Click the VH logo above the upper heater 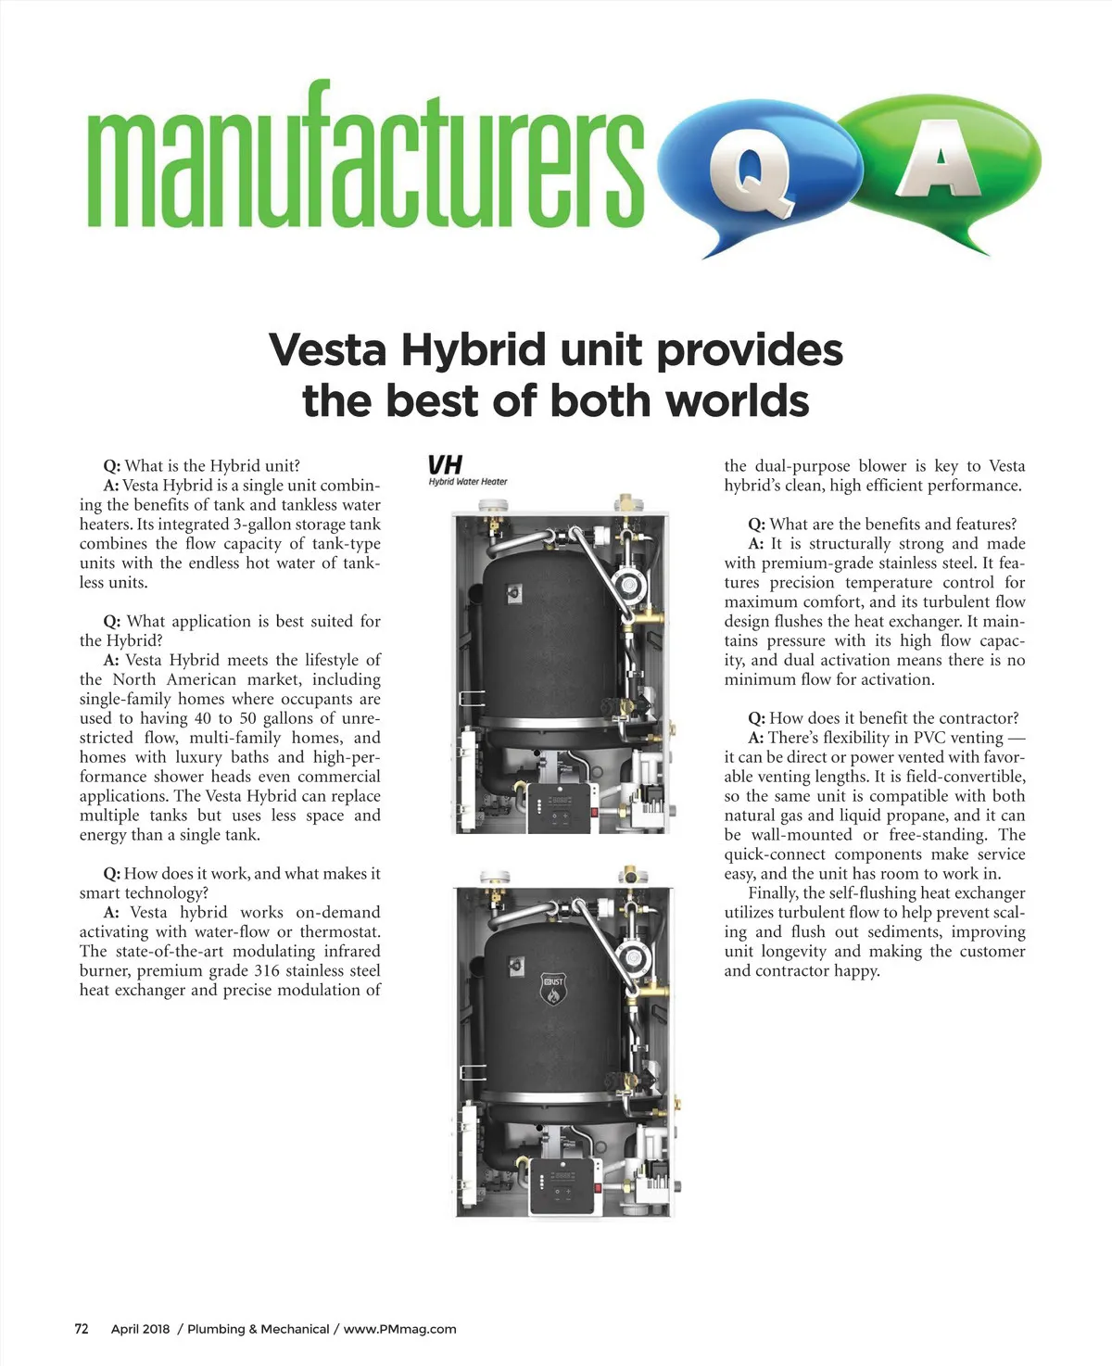click(x=445, y=464)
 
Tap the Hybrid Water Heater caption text click(x=468, y=482)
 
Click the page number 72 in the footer click(x=82, y=1328)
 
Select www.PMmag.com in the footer click(x=399, y=1328)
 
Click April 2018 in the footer click(x=141, y=1328)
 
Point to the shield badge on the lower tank click(x=553, y=988)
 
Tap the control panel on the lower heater click(x=564, y=1185)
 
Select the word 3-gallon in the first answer click(x=263, y=524)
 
